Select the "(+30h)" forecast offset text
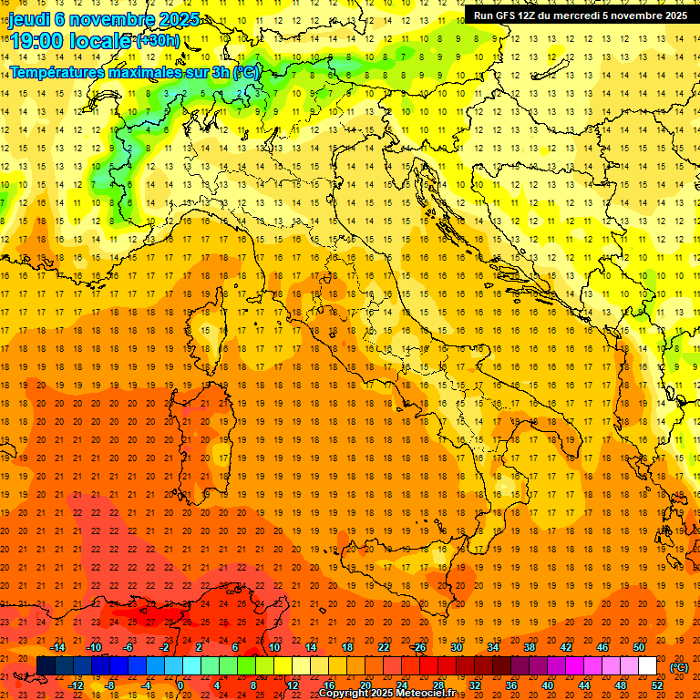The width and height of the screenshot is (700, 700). point(158,41)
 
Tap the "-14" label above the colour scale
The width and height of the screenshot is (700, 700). point(59,647)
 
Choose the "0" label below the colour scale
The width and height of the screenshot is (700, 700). point(180,685)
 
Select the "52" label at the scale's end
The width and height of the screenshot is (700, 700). point(657,685)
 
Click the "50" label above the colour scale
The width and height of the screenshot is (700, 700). point(639,647)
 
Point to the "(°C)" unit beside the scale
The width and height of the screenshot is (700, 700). point(679,667)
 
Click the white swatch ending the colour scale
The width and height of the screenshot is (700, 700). point(647,666)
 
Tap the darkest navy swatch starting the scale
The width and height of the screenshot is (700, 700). point(45,666)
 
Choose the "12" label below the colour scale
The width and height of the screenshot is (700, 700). point(292,685)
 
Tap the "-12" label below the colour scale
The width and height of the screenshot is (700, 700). point(77,685)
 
